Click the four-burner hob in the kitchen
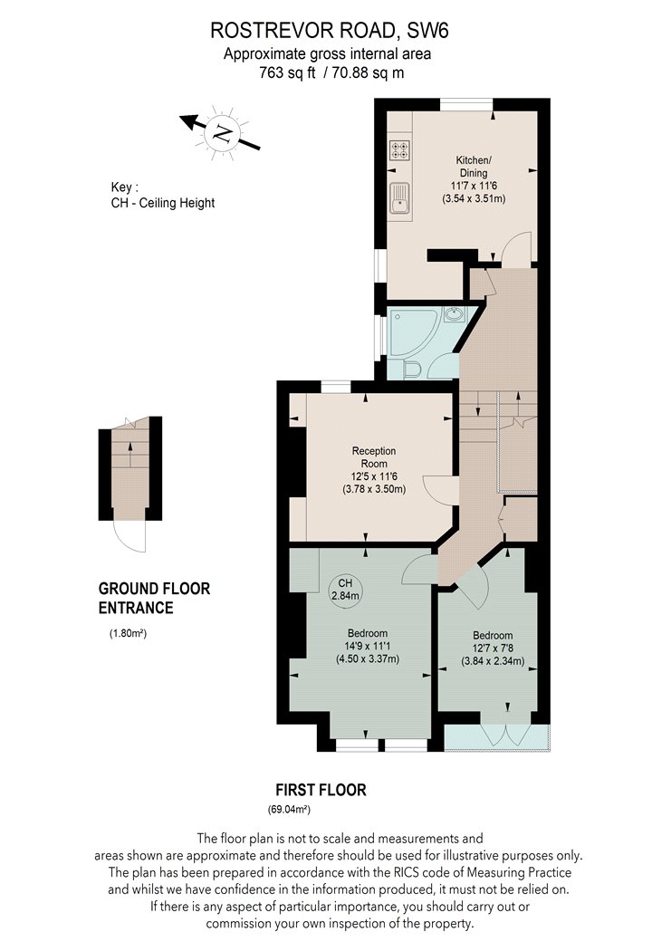(399, 149)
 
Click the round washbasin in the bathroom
(453, 313)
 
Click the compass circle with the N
(223, 133)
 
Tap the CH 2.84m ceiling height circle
(344, 589)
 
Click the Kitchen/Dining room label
(473, 166)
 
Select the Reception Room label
(374, 456)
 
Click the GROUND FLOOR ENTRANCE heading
(154, 598)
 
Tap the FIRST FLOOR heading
(321, 790)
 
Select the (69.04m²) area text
(289, 809)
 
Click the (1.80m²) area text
(128, 634)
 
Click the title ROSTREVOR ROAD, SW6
(330, 30)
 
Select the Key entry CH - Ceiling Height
(162, 203)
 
